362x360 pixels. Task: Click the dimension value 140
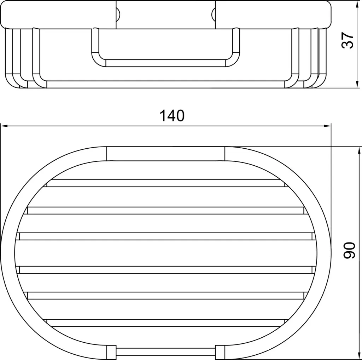(x=172, y=116)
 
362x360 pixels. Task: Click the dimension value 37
(x=348, y=40)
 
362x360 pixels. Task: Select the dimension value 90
(x=349, y=250)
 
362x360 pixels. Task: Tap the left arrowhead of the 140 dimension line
(x=4, y=126)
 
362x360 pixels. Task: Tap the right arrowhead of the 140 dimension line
(x=327, y=126)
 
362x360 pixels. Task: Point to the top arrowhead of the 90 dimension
(x=359, y=151)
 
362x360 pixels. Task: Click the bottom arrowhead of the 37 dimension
(x=357, y=84)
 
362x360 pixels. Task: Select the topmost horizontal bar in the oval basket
(x=165, y=183)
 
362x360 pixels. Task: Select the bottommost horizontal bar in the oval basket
(x=165, y=323)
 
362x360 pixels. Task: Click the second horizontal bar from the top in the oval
(x=165, y=210)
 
